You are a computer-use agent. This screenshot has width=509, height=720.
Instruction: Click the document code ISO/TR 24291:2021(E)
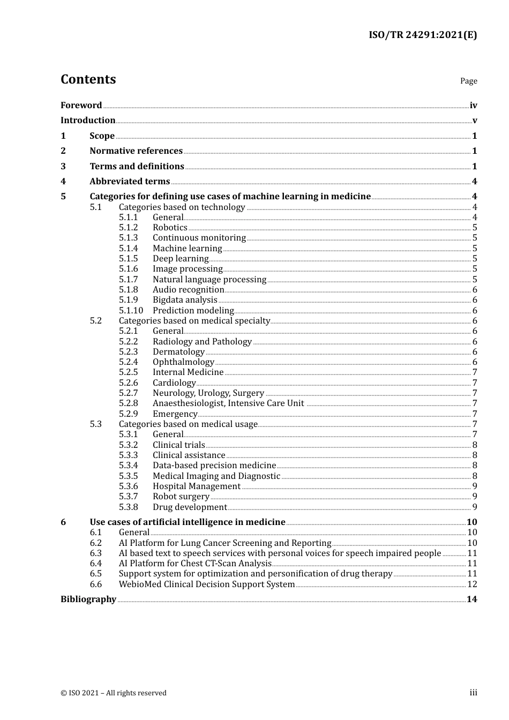(422, 35)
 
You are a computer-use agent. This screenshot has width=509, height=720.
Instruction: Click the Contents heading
(88, 79)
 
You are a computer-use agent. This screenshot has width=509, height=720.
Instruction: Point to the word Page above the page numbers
(468, 81)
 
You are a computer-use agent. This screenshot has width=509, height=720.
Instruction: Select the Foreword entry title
(81, 106)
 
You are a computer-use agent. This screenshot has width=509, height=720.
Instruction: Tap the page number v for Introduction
(474, 121)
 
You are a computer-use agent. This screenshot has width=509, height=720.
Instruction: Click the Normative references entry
(136, 151)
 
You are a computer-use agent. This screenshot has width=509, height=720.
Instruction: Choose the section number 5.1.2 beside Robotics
(128, 228)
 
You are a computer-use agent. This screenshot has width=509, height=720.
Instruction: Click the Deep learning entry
(181, 259)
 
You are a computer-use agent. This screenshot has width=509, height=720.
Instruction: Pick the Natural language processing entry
(209, 280)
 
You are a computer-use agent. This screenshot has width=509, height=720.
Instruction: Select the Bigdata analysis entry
(185, 300)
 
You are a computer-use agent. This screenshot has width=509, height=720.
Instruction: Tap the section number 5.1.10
(131, 311)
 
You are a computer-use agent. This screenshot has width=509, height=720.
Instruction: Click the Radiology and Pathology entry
(202, 342)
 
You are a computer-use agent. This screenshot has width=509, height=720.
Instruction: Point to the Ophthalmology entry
(183, 362)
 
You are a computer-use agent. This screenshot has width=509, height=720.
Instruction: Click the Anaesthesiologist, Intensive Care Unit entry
(228, 403)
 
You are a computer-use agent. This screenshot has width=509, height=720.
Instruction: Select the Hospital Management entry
(197, 486)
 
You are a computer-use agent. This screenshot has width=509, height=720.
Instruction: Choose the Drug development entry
(190, 507)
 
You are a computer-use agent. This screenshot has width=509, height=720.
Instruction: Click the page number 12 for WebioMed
(472, 584)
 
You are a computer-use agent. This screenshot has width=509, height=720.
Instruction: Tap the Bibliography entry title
(88, 599)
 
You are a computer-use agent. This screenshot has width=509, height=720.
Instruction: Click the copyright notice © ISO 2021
(114, 693)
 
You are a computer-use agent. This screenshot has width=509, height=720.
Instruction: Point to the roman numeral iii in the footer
(473, 693)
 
